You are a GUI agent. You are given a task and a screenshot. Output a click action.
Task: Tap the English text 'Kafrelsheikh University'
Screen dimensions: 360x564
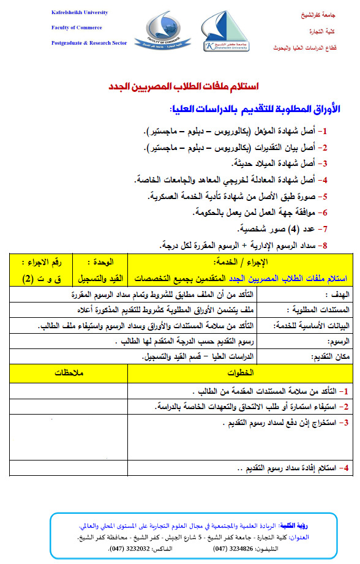pyautogui.click(x=80, y=13)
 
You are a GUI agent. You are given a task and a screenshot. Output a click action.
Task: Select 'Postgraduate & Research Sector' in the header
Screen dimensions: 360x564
pyautogui.click(x=89, y=42)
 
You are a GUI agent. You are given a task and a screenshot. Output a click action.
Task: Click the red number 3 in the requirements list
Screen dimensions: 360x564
pyautogui.click(x=325, y=164)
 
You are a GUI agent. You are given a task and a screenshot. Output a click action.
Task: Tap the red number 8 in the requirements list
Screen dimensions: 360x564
pyautogui.click(x=325, y=245)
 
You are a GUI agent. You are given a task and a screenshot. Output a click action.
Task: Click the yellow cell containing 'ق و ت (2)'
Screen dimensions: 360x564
pyautogui.click(x=36, y=279)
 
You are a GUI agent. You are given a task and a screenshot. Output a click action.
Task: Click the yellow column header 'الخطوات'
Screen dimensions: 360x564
pyautogui.click(x=239, y=373)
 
